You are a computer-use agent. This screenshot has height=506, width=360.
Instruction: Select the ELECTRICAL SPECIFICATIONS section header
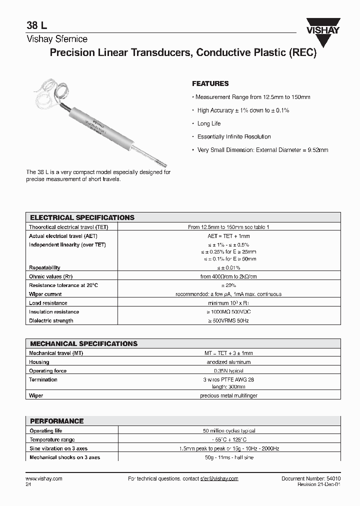point(82,217)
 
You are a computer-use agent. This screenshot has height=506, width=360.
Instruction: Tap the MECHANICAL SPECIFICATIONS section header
point(83,343)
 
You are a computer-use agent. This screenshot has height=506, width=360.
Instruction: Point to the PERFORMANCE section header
point(56,421)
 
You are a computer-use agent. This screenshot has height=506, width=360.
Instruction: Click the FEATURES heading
point(210,83)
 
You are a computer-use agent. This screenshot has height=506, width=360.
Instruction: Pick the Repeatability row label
point(44,267)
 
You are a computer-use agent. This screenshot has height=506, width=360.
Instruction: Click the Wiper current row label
point(45,294)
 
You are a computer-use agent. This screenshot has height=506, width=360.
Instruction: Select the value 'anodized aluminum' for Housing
point(228,361)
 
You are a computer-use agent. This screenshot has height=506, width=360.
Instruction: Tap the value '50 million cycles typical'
point(228,430)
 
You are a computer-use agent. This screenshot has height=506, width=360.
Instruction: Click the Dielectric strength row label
point(51,320)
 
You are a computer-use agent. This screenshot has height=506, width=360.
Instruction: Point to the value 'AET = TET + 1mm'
point(228,235)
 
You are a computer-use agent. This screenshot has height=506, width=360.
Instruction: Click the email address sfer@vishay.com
point(219,478)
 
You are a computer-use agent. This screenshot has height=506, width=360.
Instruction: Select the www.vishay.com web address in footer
point(44,478)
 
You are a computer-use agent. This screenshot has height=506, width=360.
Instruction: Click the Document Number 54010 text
point(310,478)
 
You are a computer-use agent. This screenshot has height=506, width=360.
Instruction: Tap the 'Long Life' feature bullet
point(208,123)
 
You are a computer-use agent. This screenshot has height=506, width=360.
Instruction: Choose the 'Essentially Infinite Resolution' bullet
point(233,136)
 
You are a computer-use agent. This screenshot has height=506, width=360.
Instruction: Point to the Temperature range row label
point(52,439)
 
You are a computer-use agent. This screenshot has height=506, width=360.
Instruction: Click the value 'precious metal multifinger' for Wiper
point(228,395)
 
